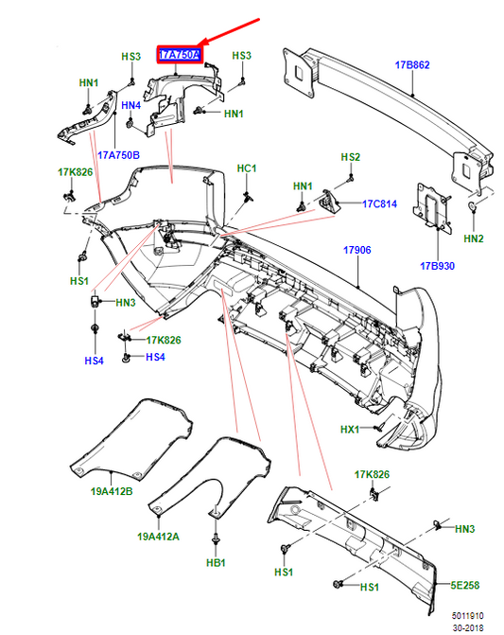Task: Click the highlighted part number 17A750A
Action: coord(180,57)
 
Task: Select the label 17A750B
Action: coord(118,154)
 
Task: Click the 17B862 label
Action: coord(411,65)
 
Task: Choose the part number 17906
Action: coord(356,251)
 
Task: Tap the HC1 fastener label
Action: coord(247,168)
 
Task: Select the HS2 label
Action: coord(351,157)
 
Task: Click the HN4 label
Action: coord(130,105)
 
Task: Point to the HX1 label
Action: coord(351,430)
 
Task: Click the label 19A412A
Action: coord(158,536)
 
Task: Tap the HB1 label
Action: coord(216,563)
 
